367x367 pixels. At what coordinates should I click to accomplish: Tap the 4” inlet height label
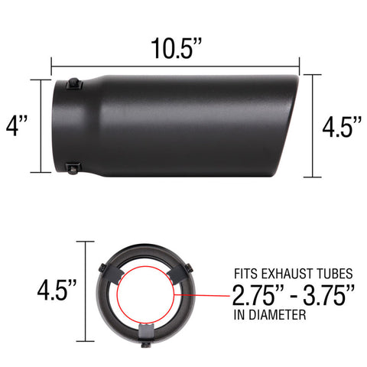click(x=16, y=123)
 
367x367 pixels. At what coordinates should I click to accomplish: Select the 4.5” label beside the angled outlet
click(x=341, y=126)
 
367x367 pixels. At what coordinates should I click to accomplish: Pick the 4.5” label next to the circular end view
click(x=57, y=290)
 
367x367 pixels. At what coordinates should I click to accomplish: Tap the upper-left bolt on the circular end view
click(x=102, y=266)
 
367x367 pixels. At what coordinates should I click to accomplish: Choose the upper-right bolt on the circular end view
click(x=190, y=267)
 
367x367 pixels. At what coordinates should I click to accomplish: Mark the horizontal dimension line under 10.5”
click(x=175, y=65)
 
